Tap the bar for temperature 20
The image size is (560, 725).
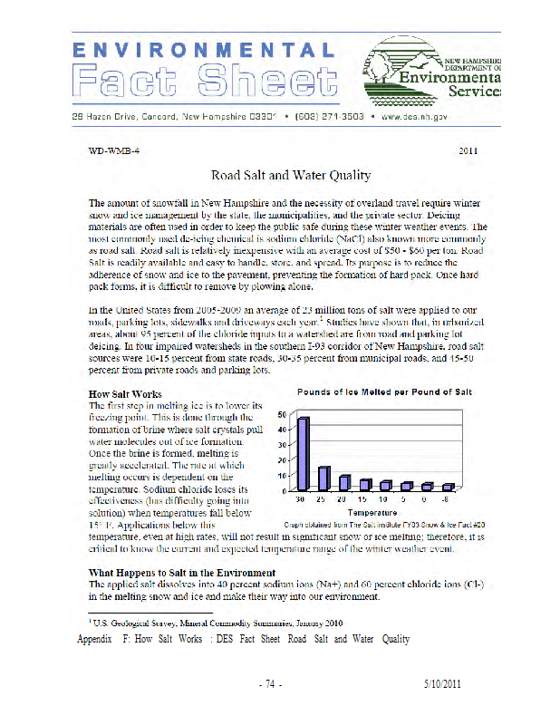point(344,483)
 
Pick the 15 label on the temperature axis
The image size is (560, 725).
point(364,499)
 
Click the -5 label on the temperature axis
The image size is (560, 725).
point(444,499)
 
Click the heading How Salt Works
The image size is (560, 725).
point(125,394)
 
